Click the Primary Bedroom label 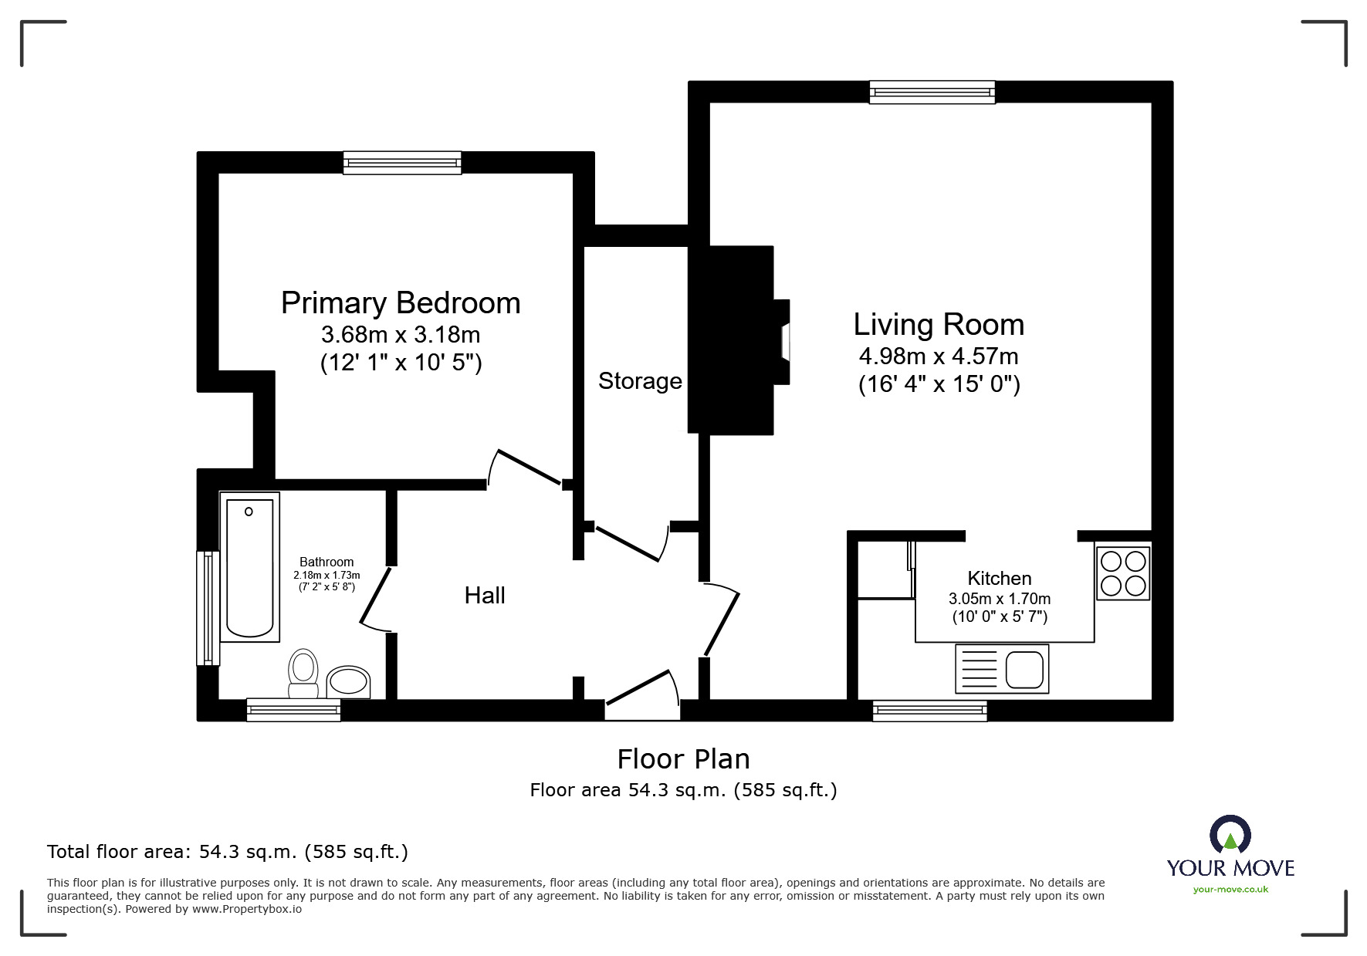click(x=401, y=303)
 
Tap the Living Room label click(x=939, y=325)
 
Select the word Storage click(x=640, y=381)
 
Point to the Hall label click(x=485, y=595)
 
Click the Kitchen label click(x=1000, y=578)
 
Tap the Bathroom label click(x=327, y=562)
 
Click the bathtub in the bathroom click(x=250, y=567)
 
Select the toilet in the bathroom click(x=303, y=673)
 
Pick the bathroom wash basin click(x=348, y=682)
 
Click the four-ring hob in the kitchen click(x=1123, y=573)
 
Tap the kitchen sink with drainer click(x=1002, y=668)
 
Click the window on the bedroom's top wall click(x=402, y=163)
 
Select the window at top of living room click(x=932, y=93)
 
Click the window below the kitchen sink click(x=930, y=711)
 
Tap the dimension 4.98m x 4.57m click(x=939, y=356)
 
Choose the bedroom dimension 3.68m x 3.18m click(x=401, y=335)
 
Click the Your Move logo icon click(x=1230, y=836)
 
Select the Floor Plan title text click(x=683, y=759)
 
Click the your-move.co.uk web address click(x=1230, y=890)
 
